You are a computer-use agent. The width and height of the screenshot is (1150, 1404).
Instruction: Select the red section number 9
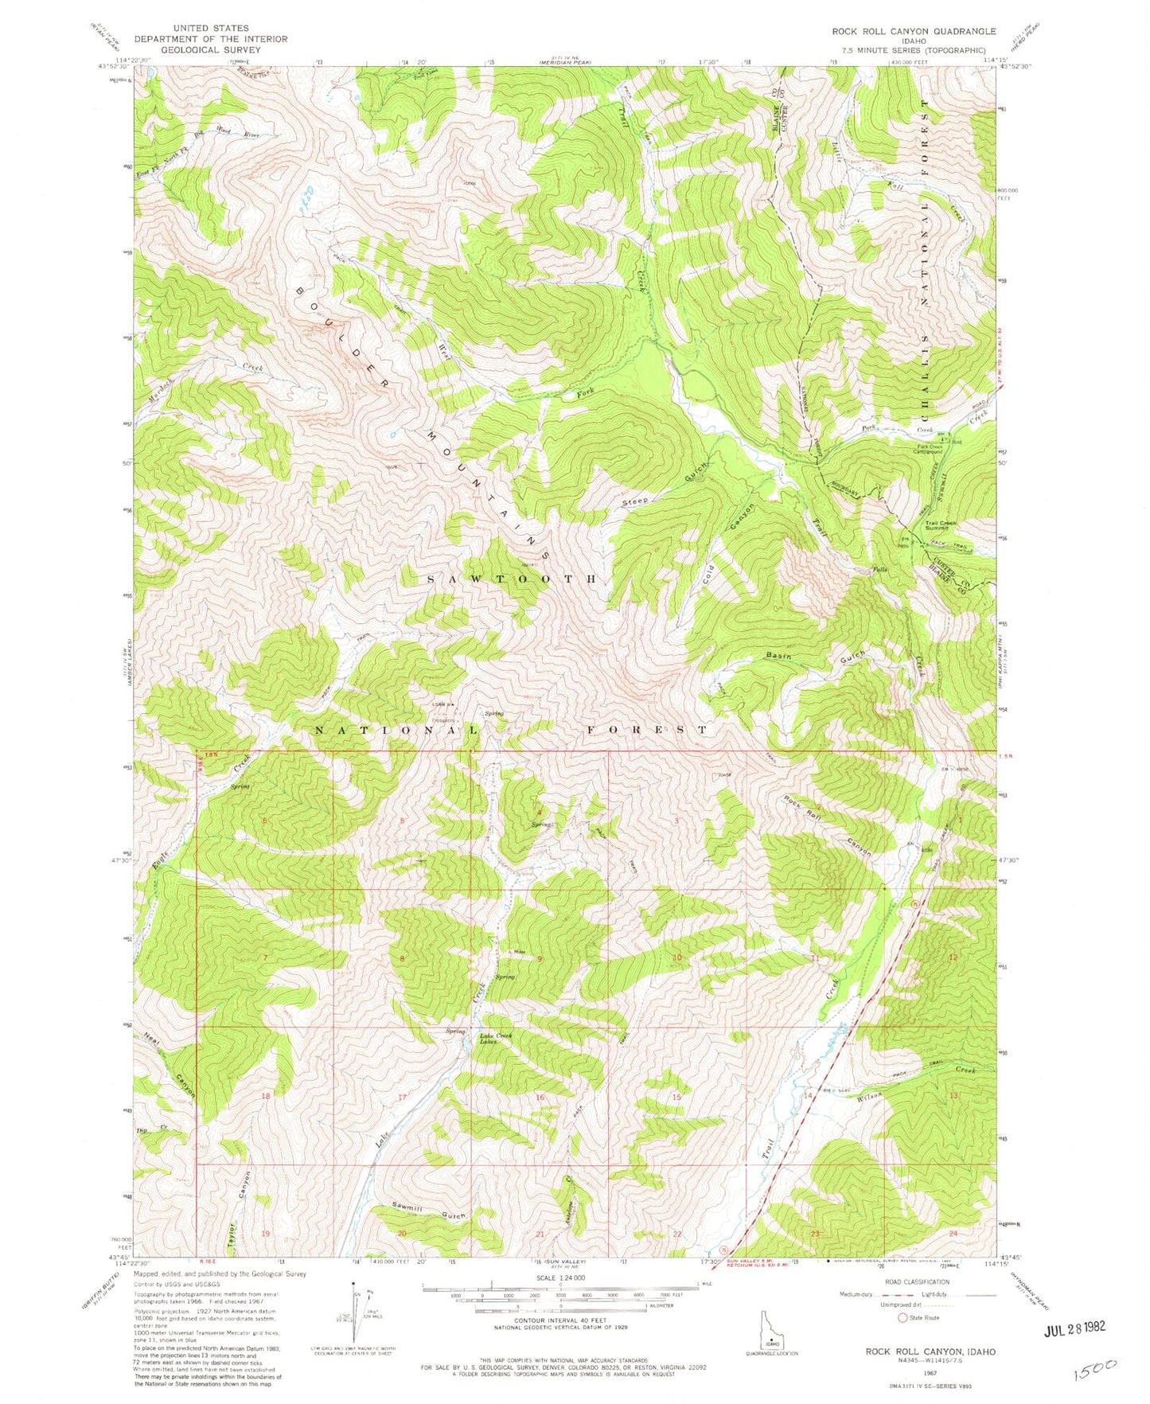540,959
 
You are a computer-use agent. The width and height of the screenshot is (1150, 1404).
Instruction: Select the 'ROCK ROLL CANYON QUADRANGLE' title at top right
913,31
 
